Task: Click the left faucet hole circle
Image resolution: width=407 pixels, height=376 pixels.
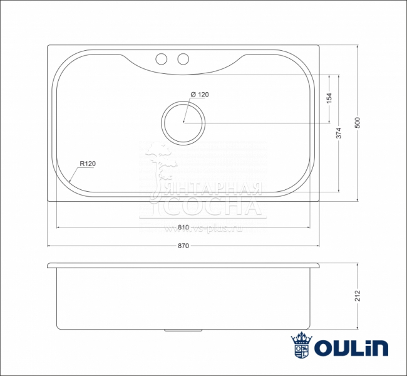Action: click(161, 59)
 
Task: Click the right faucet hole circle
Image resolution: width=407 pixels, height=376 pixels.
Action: click(183, 59)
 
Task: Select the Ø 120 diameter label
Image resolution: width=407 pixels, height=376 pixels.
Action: click(199, 95)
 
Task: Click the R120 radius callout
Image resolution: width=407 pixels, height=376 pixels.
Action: click(87, 164)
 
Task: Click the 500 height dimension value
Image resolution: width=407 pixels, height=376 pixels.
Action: click(358, 123)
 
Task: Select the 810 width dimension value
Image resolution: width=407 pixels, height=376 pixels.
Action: click(183, 227)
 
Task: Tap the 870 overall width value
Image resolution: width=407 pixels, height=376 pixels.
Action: click(183, 246)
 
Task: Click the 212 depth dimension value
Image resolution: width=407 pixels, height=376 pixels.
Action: click(358, 295)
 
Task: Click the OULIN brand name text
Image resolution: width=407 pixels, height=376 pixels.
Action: click(351, 347)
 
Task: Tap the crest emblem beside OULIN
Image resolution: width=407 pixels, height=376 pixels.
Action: click(301, 346)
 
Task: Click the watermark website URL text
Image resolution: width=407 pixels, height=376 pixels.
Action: click(202, 229)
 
